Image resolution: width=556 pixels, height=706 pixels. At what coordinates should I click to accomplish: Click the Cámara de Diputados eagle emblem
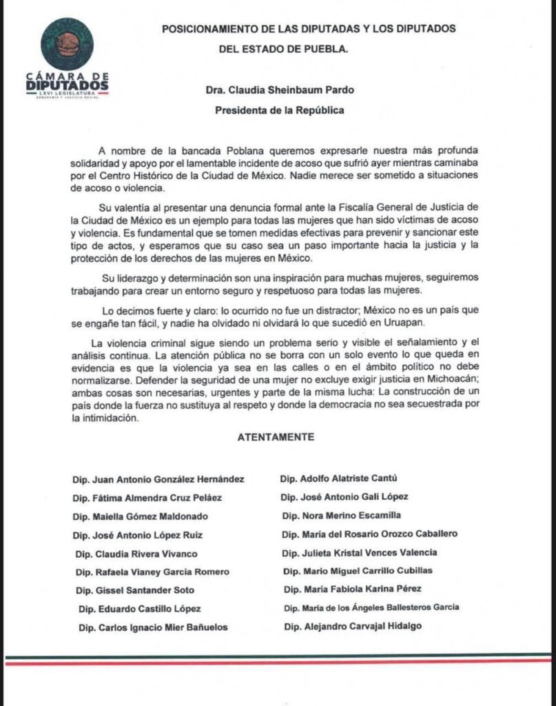click(x=67, y=44)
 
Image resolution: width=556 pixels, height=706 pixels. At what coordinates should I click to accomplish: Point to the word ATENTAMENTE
click(x=276, y=437)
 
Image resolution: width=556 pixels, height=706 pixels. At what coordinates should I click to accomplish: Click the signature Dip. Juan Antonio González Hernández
click(x=158, y=478)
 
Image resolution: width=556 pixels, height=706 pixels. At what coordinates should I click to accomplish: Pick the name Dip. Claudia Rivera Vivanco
click(x=138, y=554)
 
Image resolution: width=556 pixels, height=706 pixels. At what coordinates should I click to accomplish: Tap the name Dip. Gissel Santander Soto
click(x=135, y=590)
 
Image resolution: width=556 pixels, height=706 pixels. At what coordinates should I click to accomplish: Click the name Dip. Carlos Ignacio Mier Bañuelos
click(x=152, y=627)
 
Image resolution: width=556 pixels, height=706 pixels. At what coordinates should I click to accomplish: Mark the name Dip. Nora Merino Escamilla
click(x=341, y=515)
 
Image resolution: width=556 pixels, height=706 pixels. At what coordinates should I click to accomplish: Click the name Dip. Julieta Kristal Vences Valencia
click(x=360, y=552)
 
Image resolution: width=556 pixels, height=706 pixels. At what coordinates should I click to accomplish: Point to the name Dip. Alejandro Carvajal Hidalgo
click(x=352, y=626)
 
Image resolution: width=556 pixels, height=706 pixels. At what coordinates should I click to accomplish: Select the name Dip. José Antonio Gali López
click(x=344, y=496)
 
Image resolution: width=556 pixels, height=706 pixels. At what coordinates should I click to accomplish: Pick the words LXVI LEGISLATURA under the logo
click(x=67, y=92)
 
